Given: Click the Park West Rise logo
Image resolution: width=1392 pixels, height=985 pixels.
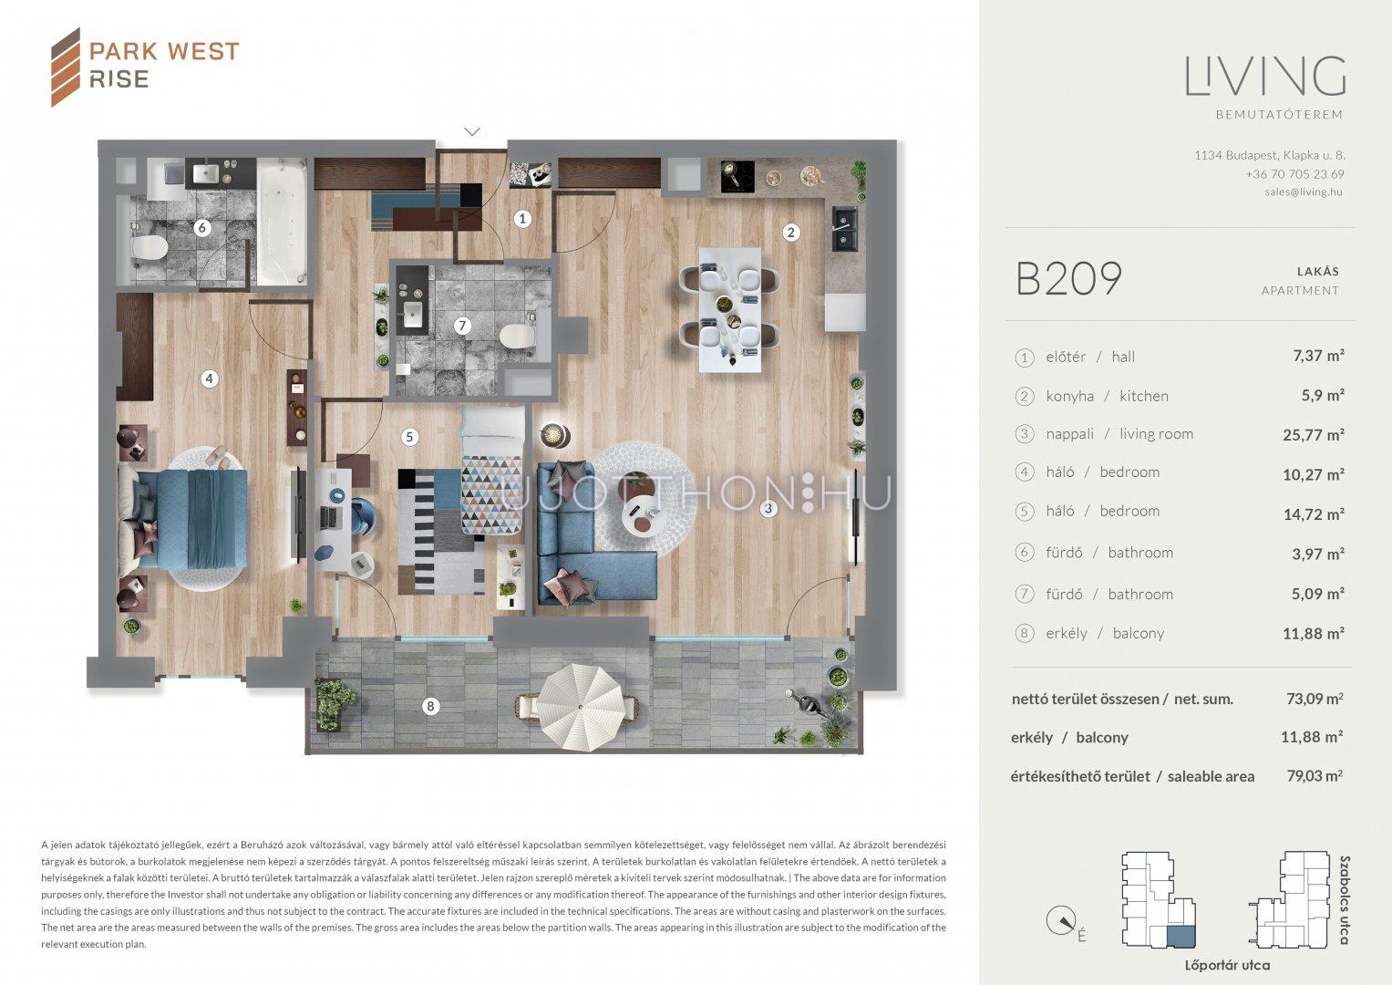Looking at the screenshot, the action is pyautogui.click(x=145, y=67).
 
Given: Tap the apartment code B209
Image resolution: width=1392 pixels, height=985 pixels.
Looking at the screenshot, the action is pyautogui.click(x=1069, y=278).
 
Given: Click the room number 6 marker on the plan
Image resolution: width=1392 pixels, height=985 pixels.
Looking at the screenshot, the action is pyautogui.click(x=201, y=228).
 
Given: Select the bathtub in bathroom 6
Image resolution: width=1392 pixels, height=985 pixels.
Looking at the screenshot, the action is pyautogui.click(x=282, y=222).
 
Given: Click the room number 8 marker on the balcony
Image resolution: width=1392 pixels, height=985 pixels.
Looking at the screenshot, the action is pyautogui.click(x=430, y=706).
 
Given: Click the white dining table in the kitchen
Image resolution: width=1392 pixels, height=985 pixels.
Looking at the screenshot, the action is pyautogui.click(x=730, y=310).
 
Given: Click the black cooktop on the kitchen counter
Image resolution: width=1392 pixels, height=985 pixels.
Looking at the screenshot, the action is pyautogui.click(x=737, y=177).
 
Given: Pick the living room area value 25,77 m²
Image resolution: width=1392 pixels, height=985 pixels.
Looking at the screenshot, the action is pyautogui.click(x=1314, y=435).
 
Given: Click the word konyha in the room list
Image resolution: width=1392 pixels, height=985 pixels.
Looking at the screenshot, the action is pyautogui.click(x=1069, y=396).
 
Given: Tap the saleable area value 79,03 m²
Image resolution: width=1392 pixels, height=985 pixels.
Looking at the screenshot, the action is pyautogui.click(x=1315, y=775).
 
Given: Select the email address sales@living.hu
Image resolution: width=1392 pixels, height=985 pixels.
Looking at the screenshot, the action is pyautogui.click(x=1304, y=192).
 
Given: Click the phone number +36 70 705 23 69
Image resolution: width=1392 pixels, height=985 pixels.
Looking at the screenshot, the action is pyautogui.click(x=1295, y=173).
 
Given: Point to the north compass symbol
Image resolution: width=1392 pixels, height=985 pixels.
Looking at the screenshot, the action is pyautogui.click(x=1061, y=921).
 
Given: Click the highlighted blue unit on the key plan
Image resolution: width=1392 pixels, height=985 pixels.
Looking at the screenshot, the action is pyautogui.click(x=1181, y=936).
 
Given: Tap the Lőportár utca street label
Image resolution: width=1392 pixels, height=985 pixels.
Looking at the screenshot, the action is pyautogui.click(x=1227, y=965).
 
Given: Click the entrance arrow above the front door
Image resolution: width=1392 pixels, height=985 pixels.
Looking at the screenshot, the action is pyautogui.click(x=472, y=131).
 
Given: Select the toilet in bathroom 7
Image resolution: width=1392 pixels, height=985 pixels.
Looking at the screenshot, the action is pyautogui.click(x=517, y=337).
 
